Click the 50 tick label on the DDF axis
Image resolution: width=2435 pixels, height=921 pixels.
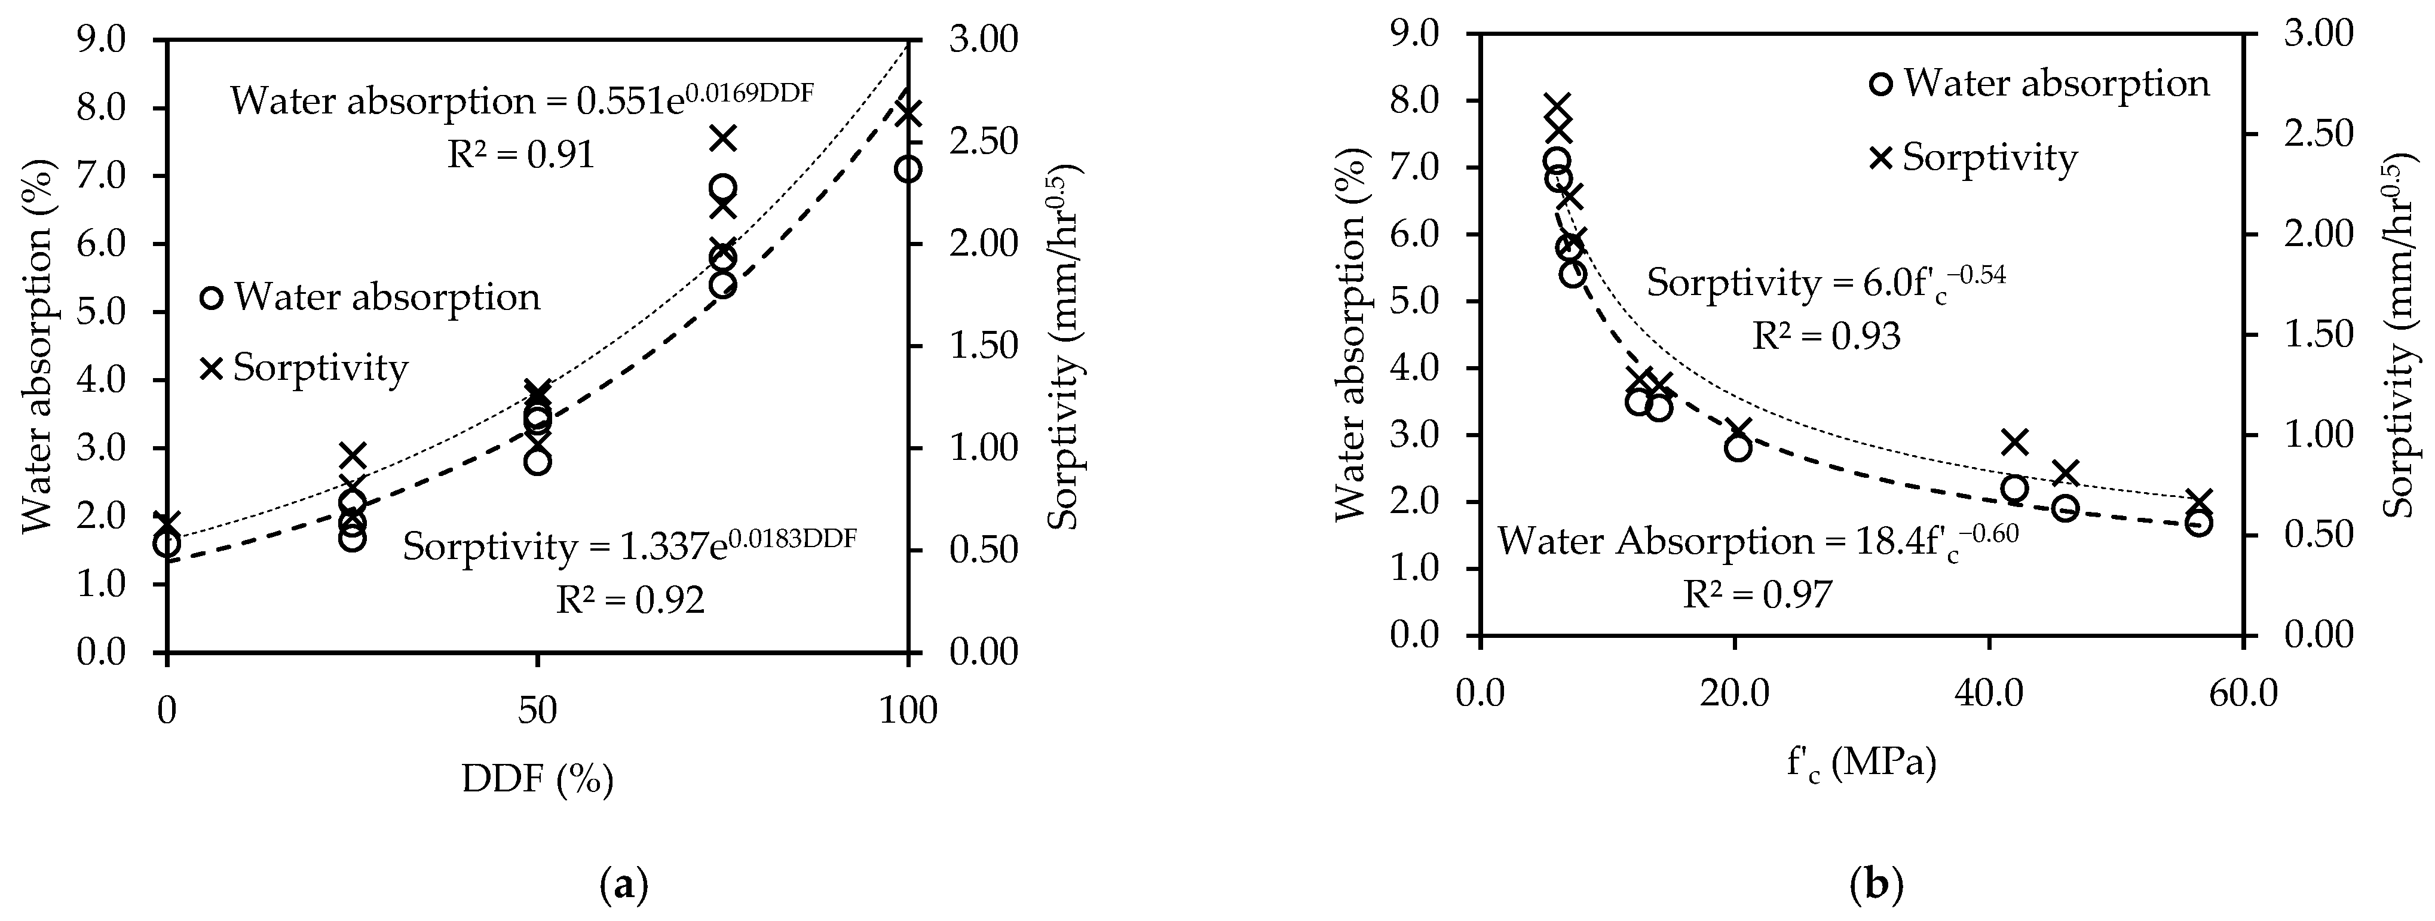tap(537, 710)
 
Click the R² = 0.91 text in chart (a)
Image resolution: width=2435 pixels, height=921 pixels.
tap(521, 155)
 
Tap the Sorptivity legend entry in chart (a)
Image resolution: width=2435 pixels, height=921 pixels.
tap(304, 367)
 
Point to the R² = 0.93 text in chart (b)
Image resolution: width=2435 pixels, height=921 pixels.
tap(1826, 336)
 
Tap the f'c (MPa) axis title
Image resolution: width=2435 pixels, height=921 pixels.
tap(1860, 762)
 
